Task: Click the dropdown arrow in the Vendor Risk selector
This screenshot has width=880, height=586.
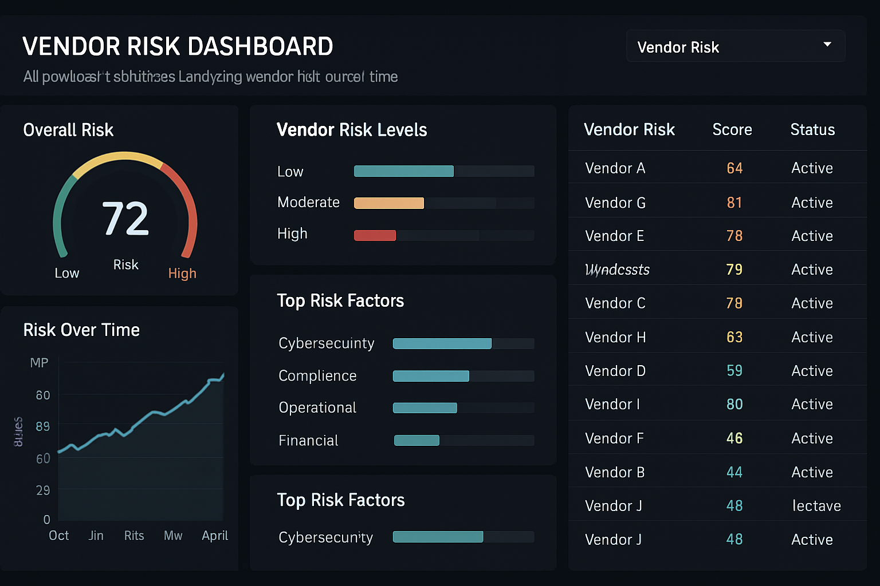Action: (827, 45)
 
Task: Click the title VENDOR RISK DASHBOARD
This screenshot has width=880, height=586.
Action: (178, 47)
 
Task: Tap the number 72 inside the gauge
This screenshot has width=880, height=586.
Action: (125, 219)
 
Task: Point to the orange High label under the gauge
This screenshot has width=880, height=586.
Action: (182, 274)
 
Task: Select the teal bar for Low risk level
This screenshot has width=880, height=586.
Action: (403, 171)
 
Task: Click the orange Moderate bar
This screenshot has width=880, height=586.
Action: (388, 203)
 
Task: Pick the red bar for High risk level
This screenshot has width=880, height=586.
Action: (375, 235)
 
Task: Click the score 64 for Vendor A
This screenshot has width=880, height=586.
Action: (734, 168)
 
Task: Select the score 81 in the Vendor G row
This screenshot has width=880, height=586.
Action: (734, 203)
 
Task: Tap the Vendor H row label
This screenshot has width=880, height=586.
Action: (615, 338)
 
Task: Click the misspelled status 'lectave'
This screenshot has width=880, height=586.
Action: (816, 506)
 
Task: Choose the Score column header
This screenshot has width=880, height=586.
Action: (732, 130)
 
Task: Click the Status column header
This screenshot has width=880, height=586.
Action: (812, 130)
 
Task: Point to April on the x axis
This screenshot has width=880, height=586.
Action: (215, 536)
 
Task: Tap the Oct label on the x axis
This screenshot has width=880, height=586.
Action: (58, 536)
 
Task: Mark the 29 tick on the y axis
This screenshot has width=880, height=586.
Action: (43, 490)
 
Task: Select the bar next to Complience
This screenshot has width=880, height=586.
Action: (431, 376)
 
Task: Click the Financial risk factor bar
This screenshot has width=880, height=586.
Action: (417, 440)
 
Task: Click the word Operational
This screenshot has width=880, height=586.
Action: (317, 407)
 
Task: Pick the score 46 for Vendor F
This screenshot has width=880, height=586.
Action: (734, 438)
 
